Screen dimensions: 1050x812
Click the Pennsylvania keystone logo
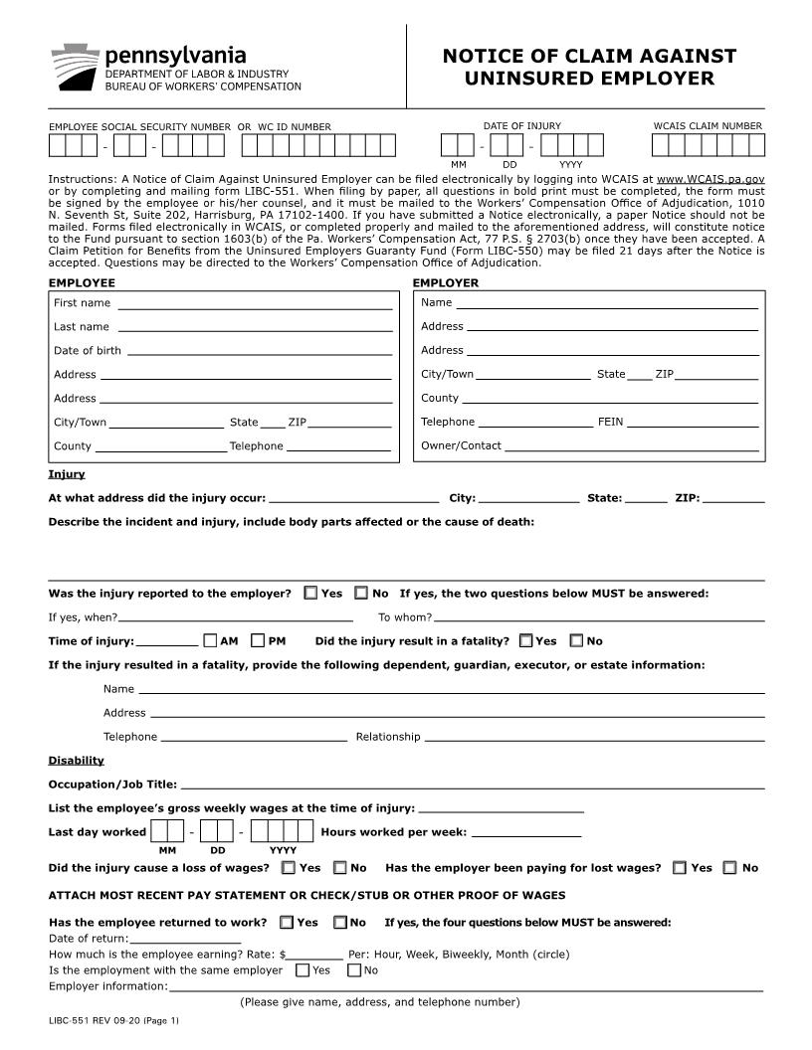click(x=75, y=67)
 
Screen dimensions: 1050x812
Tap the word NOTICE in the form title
click(x=484, y=57)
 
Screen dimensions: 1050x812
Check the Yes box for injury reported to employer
click(x=311, y=593)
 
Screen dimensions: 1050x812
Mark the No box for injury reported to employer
click(x=361, y=593)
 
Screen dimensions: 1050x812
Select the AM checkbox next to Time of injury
click(x=211, y=640)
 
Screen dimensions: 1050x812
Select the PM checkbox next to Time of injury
click(x=259, y=640)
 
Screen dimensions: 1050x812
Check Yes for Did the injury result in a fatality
click(x=526, y=640)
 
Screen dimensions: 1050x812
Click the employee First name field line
click(x=255, y=304)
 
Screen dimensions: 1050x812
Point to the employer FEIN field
click(x=693, y=424)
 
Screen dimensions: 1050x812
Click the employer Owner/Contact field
click(x=631, y=447)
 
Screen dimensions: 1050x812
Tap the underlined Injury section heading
click(x=67, y=474)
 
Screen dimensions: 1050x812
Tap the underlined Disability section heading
click(x=76, y=761)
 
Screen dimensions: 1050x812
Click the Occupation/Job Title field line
click(x=472, y=786)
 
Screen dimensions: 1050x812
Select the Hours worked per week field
click(x=525, y=833)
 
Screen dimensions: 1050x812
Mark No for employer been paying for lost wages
click(x=729, y=868)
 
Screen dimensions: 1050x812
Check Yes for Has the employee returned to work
click(x=287, y=923)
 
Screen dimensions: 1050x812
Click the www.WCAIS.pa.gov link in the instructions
click(x=710, y=179)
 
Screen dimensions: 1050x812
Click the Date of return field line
click(x=185, y=940)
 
